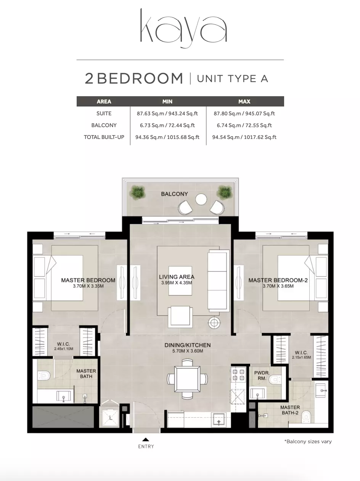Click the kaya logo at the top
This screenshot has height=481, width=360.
click(183, 28)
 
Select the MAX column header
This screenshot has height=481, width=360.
click(244, 102)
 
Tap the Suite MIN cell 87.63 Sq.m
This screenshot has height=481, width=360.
click(167, 113)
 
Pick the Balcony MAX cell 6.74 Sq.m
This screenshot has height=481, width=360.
click(244, 125)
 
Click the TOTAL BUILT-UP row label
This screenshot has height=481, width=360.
click(104, 137)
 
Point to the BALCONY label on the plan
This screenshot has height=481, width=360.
click(174, 194)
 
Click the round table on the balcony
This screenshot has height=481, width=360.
click(201, 199)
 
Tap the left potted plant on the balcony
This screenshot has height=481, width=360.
click(137, 192)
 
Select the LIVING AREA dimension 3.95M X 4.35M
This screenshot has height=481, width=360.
click(177, 283)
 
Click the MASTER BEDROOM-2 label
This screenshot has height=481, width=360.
click(278, 280)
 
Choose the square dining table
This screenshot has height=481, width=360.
click(187, 379)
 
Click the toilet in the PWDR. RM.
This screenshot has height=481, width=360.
click(275, 379)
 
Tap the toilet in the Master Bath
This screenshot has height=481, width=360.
click(44, 375)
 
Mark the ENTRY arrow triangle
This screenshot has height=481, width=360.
click(146, 439)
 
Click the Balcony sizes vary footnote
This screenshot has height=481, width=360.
click(308, 442)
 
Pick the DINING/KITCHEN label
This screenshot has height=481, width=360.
click(188, 345)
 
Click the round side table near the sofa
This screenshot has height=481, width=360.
click(214, 322)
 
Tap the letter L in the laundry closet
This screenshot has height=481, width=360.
click(111, 418)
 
